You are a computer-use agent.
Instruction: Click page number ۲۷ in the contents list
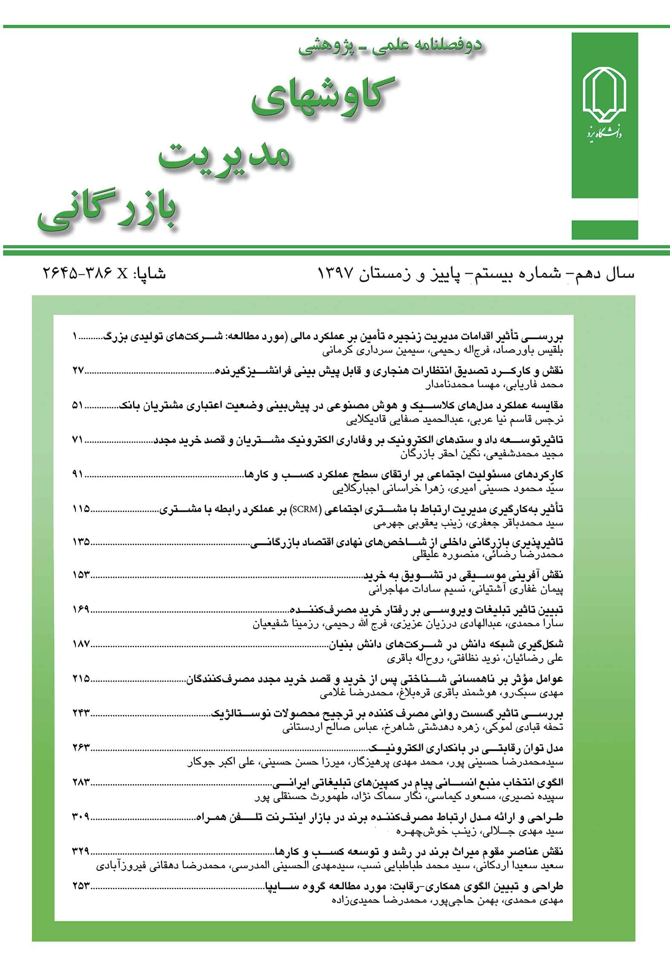point(79,370)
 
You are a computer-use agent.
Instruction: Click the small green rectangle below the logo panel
point(604,230)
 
